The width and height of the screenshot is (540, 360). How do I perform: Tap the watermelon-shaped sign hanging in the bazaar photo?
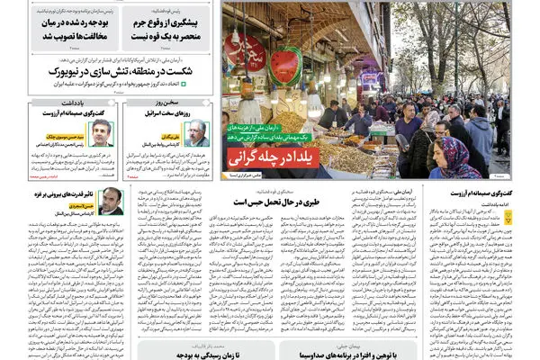[x=285, y=65]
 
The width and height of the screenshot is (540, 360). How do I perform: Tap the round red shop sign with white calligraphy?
[x=246, y=49]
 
